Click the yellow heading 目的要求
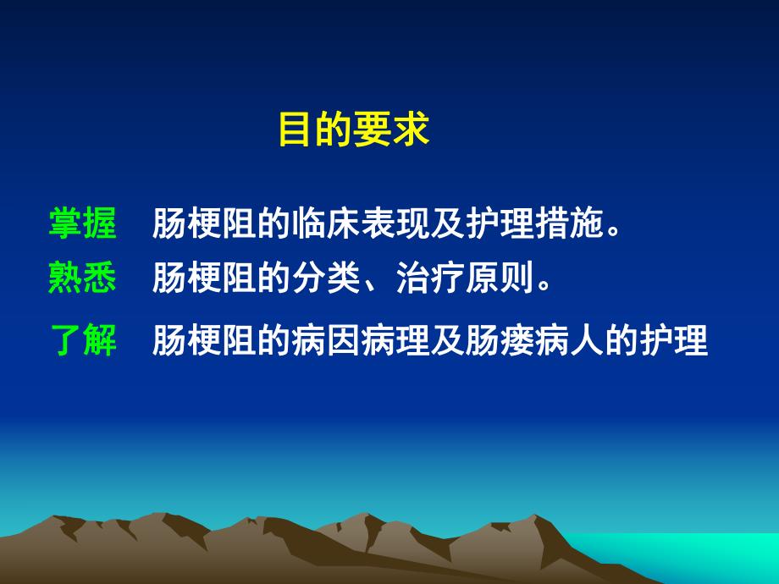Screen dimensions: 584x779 tap(355, 130)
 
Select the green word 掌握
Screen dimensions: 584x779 tap(83, 224)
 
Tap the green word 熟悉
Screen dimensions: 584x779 tap(83, 278)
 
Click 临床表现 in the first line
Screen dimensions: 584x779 tap(360, 224)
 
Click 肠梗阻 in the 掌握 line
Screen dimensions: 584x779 tap(204, 224)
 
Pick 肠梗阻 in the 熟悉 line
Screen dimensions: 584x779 tap(204, 278)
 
